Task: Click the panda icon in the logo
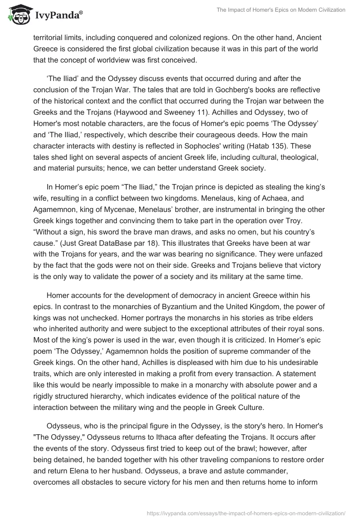pos(17,16)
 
